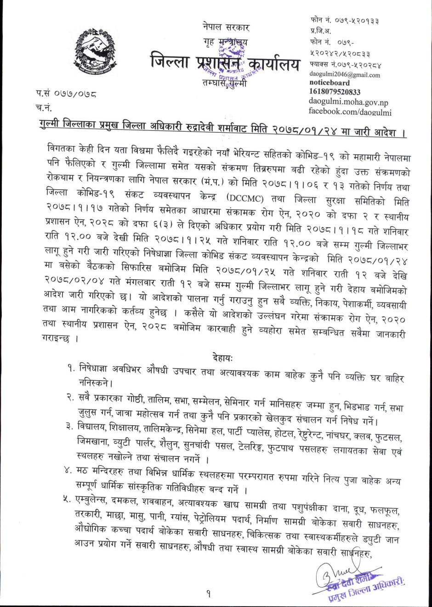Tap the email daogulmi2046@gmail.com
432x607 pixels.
point(344,75)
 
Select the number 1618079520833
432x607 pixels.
point(335,92)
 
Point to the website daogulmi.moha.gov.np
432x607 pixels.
point(348,102)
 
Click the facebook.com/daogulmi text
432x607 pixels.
point(350,111)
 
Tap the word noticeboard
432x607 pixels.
point(329,83)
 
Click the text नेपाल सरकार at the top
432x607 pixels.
point(226,27)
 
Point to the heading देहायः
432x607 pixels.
point(223,357)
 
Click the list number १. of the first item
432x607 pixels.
point(71,367)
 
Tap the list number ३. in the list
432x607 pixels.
point(70,427)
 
